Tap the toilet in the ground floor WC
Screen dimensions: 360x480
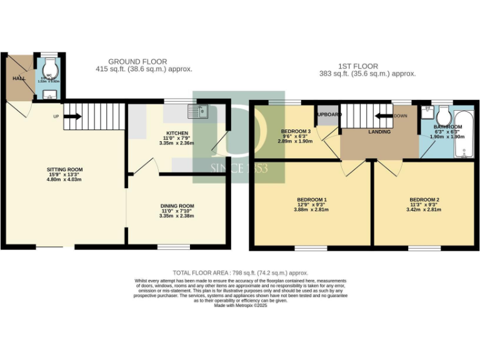pos(51,67)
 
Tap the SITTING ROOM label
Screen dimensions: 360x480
pos(64,169)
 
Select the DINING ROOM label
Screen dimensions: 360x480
pos(176,206)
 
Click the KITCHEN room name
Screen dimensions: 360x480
pos(177,133)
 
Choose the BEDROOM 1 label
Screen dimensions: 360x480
pos(312,200)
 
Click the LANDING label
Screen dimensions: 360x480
pos(379,132)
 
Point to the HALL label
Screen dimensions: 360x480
pos(17,78)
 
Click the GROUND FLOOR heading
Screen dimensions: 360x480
pos(137,61)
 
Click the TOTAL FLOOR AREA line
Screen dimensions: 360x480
pos(241,272)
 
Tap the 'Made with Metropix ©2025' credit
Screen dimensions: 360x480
pos(240,306)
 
